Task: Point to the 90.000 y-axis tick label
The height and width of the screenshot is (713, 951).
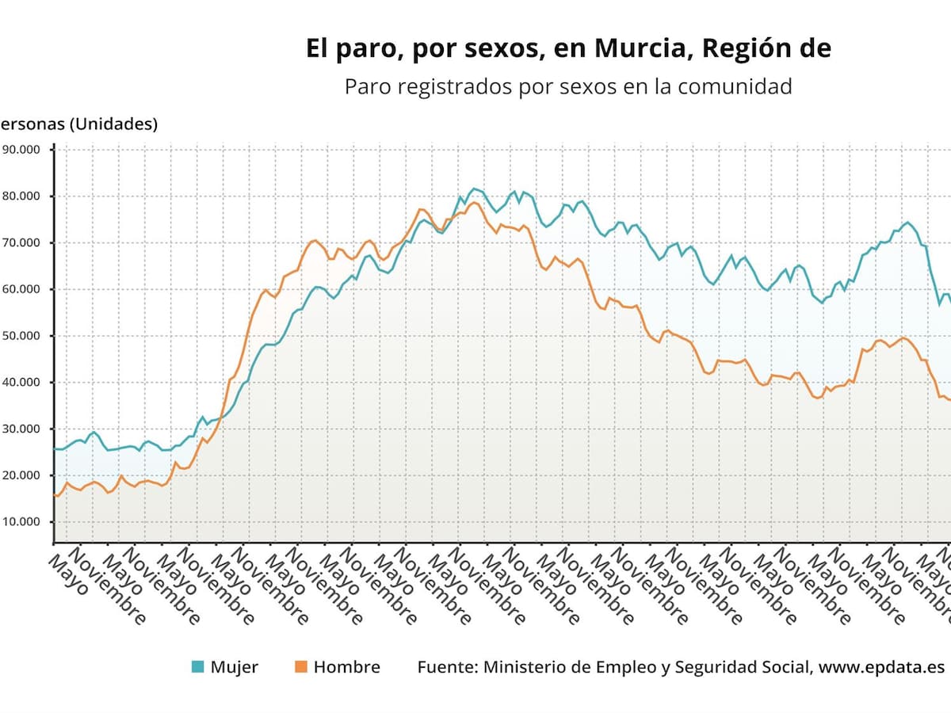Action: pos(22,149)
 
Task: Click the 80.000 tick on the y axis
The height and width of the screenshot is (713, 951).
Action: pos(22,196)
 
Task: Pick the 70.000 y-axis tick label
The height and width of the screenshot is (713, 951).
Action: pos(22,242)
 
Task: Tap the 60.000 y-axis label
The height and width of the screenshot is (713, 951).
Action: pos(22,289)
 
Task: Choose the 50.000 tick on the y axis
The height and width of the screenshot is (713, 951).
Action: pos(22,335)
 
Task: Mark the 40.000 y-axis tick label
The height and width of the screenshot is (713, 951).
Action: pos(22,382)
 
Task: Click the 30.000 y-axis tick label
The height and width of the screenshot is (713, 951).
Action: pos(22,429)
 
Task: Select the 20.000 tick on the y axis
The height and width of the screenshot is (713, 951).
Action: pos(22,475)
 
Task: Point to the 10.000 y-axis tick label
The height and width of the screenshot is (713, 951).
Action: pos(22,521)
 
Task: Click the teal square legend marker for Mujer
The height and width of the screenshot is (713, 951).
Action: pos(198,667)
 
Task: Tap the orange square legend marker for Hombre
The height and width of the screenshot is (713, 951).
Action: pos(300,667)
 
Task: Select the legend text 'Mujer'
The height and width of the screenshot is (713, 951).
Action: pos(234,667)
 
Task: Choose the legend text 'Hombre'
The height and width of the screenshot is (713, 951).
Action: pos(346,667)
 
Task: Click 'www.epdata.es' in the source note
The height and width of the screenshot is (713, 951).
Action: pos(881,667)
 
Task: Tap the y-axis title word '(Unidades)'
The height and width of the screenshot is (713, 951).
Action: pos(113,124)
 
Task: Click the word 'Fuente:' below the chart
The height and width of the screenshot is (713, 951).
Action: pos(445,667)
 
